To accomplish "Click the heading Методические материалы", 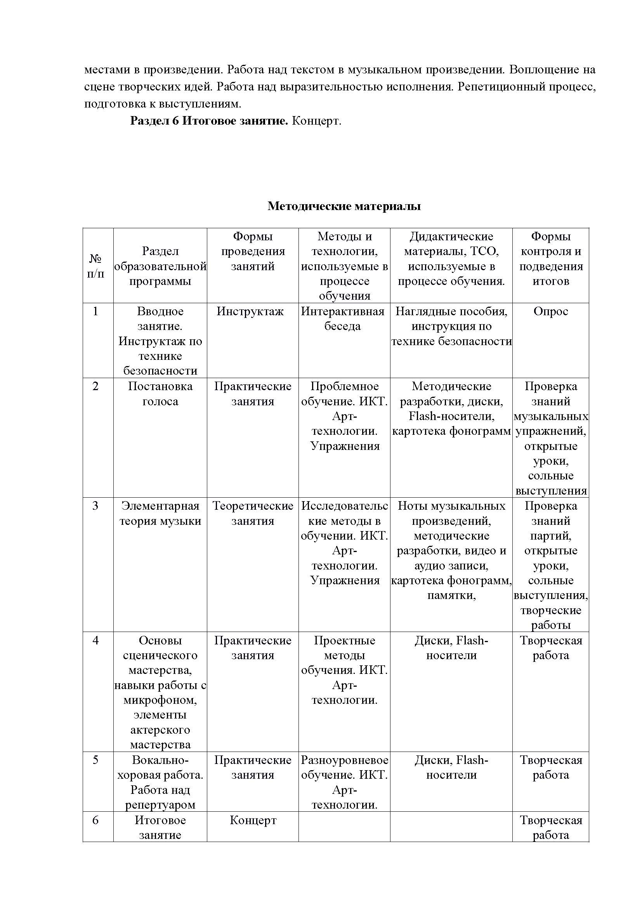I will click(344, 206).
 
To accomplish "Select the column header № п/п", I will click(95, 266).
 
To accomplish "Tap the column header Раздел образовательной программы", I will click(160, 266).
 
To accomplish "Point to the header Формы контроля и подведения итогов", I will click(551, 259).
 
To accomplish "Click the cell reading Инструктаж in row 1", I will click(250, 312).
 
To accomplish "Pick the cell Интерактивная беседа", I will click(343, 319).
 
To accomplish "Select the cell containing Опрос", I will click(551, 312).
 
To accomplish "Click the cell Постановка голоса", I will click(160, 394).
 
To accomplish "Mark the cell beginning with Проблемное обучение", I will click(344, 416).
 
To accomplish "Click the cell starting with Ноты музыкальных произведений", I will click(451, 550).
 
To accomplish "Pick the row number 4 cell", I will click(95, 641).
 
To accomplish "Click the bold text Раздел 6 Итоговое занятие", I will click(209, 121).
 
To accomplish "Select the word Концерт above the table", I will click(316, 121).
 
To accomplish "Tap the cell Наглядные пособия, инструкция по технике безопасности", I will click(451, 326).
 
